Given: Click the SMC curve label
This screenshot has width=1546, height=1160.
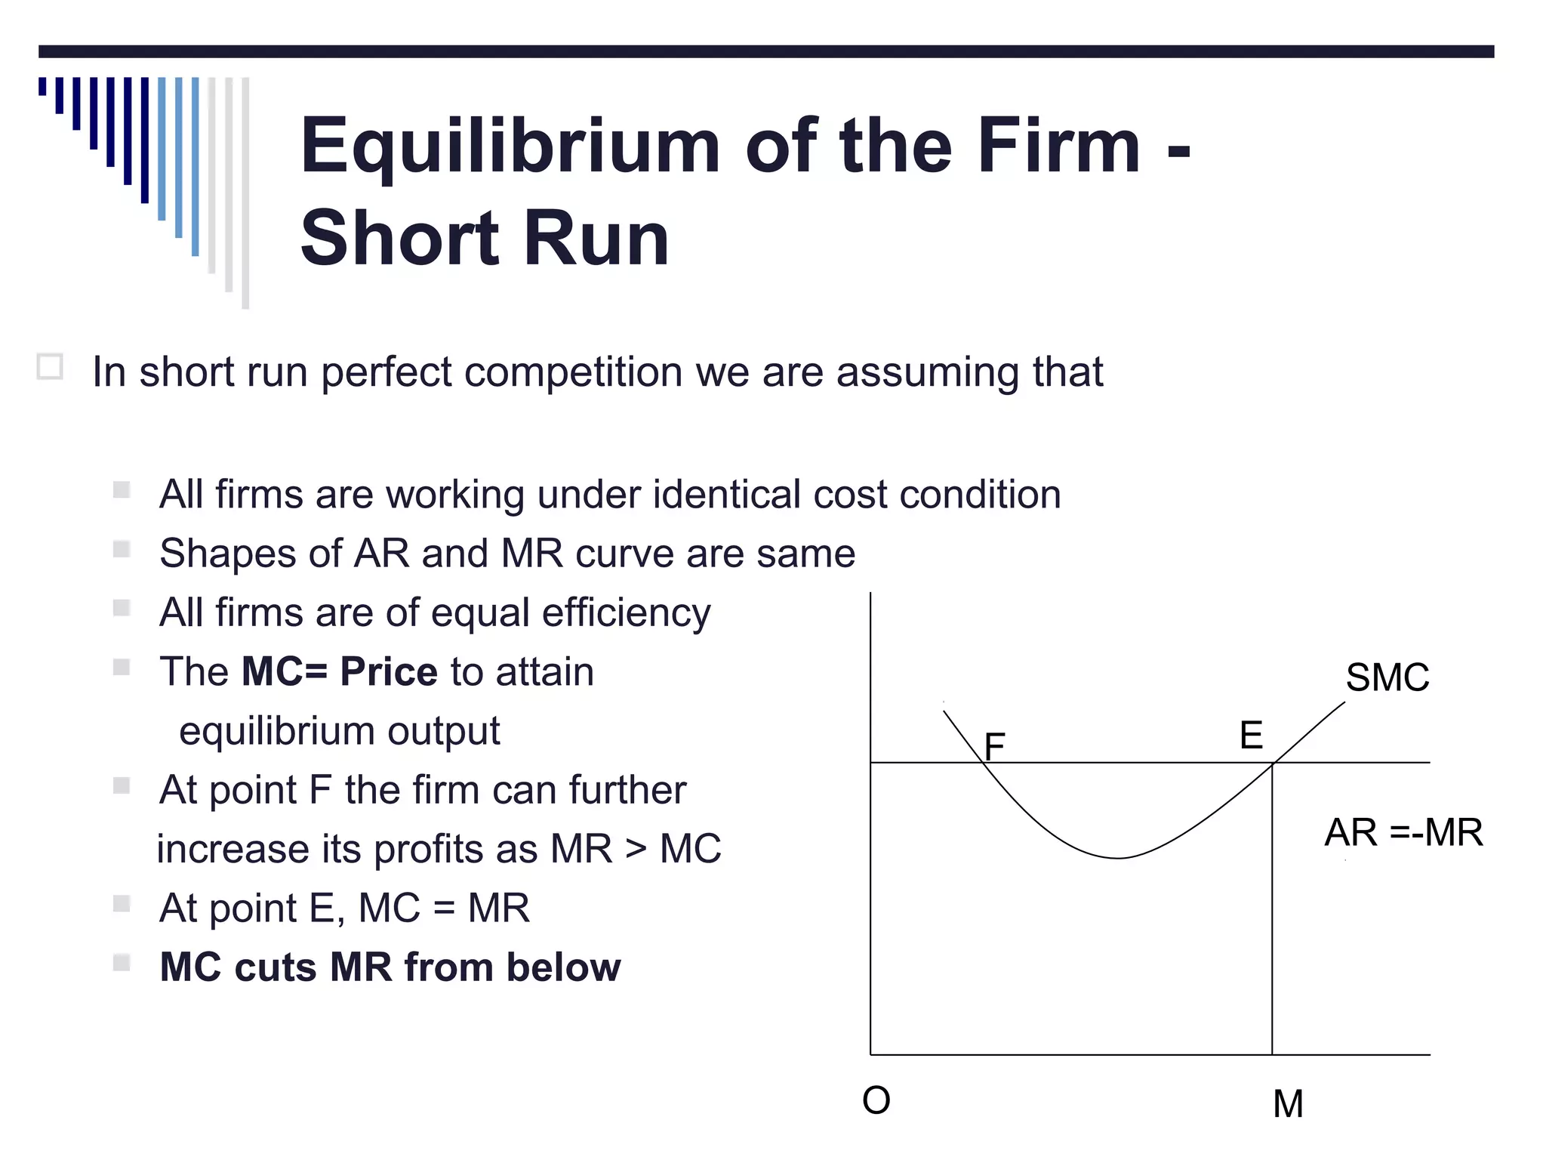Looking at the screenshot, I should pyautogui.click(x=1387, y=677).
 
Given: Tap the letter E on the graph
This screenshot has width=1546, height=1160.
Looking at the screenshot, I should pyautogui.click(x=1251, y=735).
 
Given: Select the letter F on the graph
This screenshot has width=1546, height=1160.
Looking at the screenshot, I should pyautogui.click(x=995, y=747).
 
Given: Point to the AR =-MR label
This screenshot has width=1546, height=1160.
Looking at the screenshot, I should pyautogui.click(x=1403, y=832).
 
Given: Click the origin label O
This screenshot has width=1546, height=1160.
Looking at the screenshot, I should pyautogui.click(x=876, y=1100).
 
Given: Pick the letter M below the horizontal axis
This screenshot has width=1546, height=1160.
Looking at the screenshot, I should pyautogui.click(x=1288, y=1104).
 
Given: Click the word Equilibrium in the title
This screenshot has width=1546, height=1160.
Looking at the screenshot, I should pyautogui.click(x=510, y=147).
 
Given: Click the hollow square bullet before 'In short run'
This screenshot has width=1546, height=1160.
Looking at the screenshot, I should pyautogui.click(x=50, y=368).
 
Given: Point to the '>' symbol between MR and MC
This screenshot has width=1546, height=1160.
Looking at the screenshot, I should pyautogui.click(x=636, y=848).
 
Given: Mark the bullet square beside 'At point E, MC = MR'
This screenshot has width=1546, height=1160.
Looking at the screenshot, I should pyautogui.click(x=122, y=904).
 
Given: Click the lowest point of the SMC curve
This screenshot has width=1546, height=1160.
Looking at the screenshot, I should pyautogui.click(x=1118, y=858).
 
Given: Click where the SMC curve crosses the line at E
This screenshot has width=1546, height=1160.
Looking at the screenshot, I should pyautogui.click(x=1273, y=763).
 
